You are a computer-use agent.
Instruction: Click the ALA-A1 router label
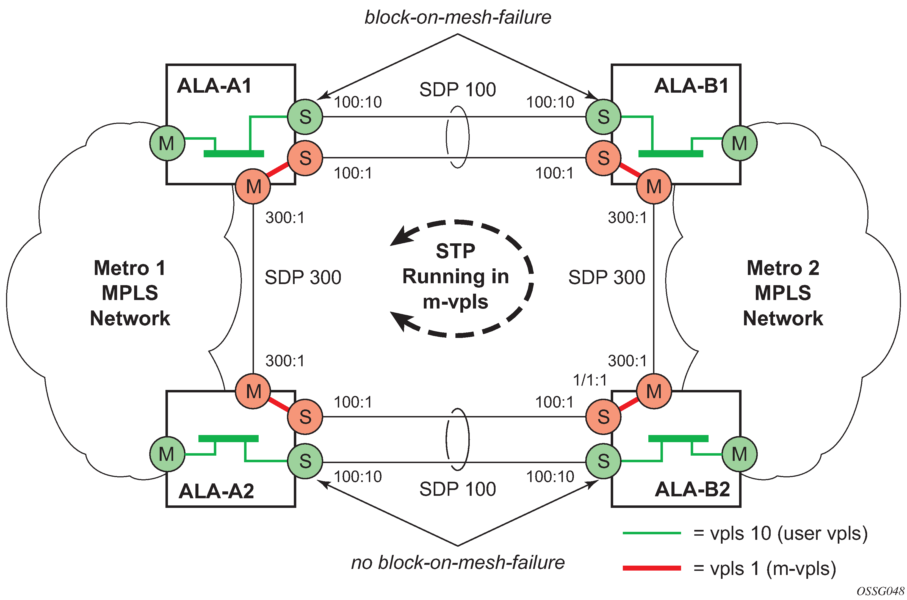214,86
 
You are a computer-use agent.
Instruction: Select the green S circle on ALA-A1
305,117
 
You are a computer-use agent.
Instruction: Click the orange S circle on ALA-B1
603,158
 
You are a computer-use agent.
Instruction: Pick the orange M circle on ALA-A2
253,391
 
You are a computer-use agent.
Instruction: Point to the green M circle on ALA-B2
739,454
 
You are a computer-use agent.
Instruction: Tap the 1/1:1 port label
590,380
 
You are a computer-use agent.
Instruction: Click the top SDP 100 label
457,90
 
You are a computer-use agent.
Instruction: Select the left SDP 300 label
302,277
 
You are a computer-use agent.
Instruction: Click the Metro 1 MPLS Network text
130,293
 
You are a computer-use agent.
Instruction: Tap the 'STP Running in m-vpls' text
455,276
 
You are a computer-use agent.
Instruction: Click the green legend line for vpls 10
652,533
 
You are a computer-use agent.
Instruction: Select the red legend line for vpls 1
652,568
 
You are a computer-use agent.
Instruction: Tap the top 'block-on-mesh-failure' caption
458,18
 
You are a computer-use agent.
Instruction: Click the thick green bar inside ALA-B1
670,154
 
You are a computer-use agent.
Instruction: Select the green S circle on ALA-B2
603,461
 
